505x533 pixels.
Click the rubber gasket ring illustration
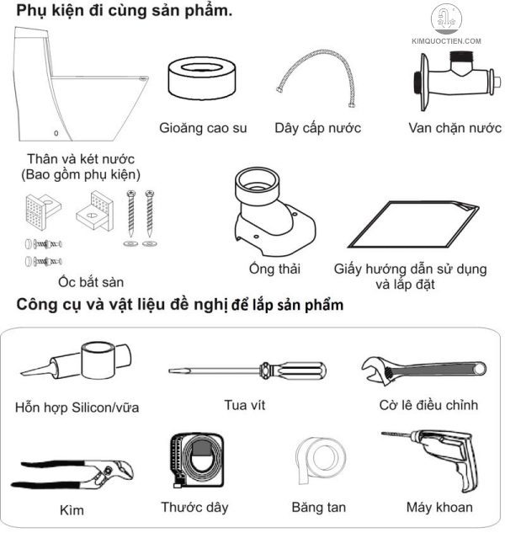tap(203, 81)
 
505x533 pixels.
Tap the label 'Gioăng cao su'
tap(203, 128)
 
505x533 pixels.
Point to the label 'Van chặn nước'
tap(454, 128)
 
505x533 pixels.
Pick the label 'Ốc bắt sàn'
tap(80, 282)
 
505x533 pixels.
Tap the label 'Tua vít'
tap(245, 405)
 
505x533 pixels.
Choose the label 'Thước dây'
tap(194, 508)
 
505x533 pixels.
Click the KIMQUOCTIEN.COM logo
tap(445, 25)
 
